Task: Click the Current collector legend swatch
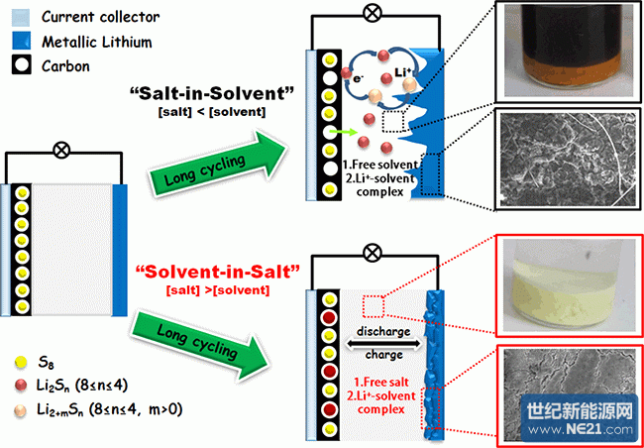[22, 17]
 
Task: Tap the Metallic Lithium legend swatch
[22, 42]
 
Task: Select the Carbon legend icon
[22, 65]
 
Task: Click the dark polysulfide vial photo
[568, 51]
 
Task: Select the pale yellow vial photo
[568, 284]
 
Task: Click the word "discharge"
[382, 331]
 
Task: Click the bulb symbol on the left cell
[62, 152]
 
